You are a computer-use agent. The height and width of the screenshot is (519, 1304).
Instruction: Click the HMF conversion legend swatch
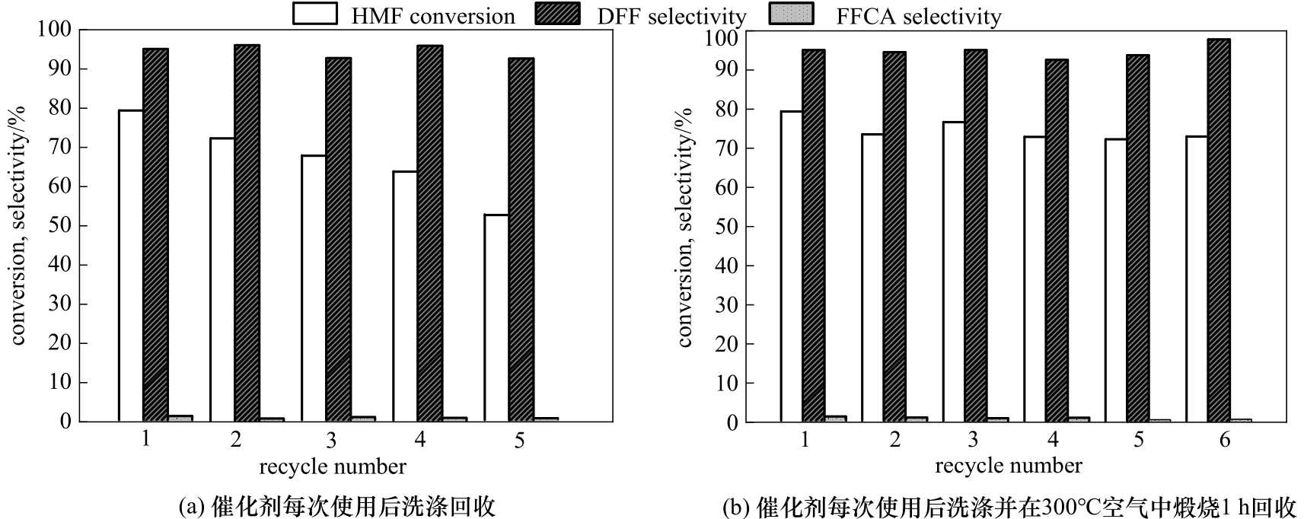(x=315, y=14)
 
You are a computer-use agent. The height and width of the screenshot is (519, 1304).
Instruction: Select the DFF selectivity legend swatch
(x=557, y=14)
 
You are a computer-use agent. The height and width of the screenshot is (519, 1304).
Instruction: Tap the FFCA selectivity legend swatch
(x=792, y=14)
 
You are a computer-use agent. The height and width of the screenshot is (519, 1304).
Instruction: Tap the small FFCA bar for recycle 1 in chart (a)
(x=180, y=418)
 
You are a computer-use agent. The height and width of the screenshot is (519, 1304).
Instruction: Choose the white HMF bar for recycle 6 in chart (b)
(x=1196, y=279)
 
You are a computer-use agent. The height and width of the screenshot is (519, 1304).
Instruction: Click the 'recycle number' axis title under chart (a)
(x=333, y=466)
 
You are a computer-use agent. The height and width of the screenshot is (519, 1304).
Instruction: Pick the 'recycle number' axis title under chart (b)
(x=1009, y=466)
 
